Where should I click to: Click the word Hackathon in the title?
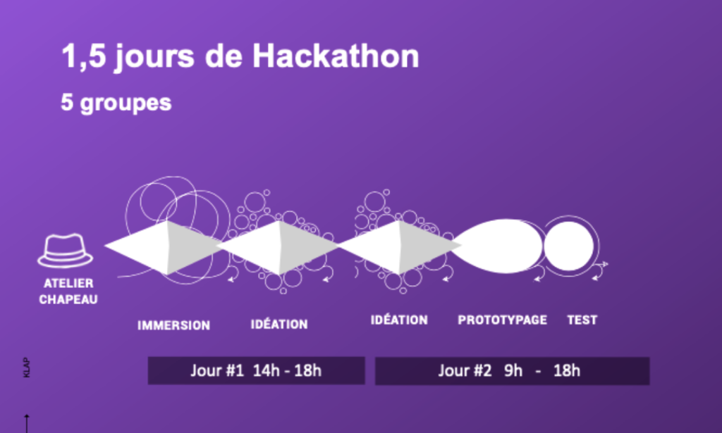coord(336,56)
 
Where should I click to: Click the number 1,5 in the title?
coord(84,57)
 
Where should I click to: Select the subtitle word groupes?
coord(126,103)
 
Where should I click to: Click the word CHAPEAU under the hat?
coord(68,300)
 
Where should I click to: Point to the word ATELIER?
coord(68,283)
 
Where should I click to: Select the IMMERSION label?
coord(173,325)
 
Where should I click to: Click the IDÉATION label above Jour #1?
coord(279,324)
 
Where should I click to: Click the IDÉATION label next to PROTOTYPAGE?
coord(399,320)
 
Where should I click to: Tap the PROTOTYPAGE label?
coord(502,320)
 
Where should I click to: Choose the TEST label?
coord(582,320)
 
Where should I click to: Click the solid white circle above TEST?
coord(569,246)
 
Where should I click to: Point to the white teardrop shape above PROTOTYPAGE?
coord(497,246)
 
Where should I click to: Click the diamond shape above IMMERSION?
coord(164,247)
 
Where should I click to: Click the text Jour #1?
coord(217,370)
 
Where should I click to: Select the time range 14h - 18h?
coord(288,370)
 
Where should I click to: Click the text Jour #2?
coord(465,370)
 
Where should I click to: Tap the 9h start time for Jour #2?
coord(513,370)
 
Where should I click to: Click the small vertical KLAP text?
coord(26,368)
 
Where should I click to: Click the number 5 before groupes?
coord(67,102)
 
